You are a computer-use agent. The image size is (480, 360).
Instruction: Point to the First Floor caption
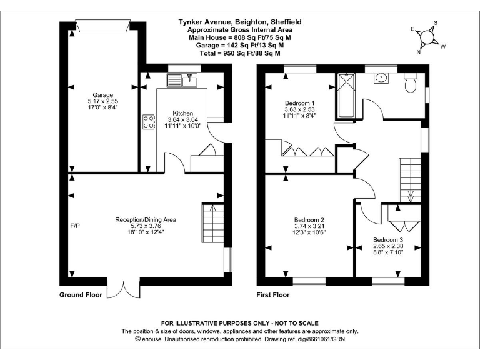[273, 295]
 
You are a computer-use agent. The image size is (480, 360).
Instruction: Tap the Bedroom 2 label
[309, 226]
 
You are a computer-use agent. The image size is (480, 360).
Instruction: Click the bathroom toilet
[410, 83]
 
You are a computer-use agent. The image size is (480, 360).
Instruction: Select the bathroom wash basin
[381, 79]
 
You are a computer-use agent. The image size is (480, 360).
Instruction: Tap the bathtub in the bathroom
[345, 96]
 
